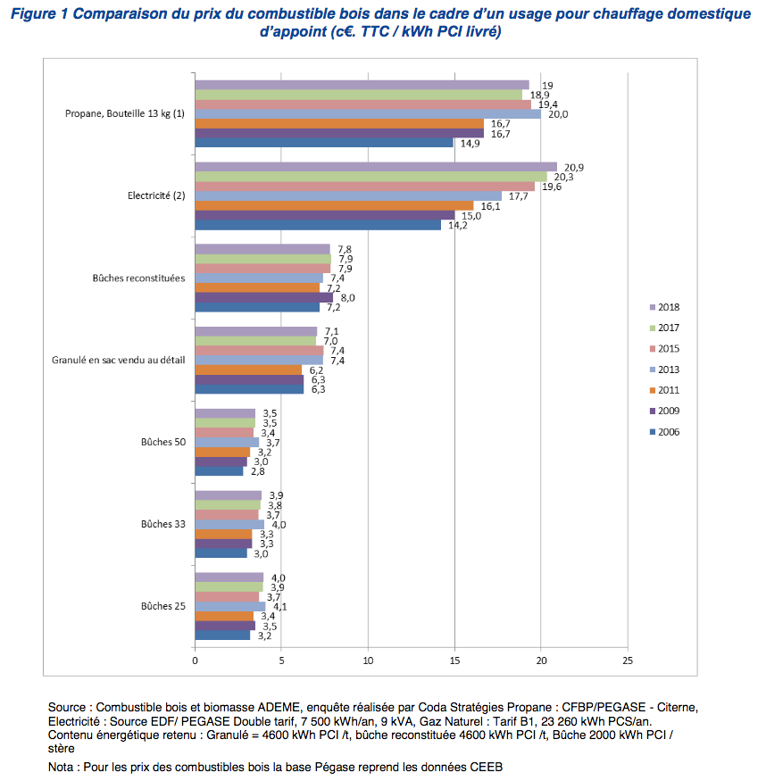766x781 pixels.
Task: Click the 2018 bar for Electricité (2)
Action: click(376, 167)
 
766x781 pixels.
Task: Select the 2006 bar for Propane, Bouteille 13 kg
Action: click(324, 143)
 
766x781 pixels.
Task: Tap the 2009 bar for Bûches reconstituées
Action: click(264, 297)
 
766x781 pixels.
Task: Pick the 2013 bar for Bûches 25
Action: click(230, 606)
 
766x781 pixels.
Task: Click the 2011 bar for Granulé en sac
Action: click(248, 370)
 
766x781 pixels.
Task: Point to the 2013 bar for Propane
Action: click(368, 114)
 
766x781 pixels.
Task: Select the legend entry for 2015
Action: click(664, 349)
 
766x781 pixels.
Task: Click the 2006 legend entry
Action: click(664, 432)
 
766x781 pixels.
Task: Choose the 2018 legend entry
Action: click(664, 307)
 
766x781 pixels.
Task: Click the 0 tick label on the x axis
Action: click(195, 661)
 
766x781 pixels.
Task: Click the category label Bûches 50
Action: click(163, 442)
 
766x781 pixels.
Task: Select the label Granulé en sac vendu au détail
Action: click(119, 360)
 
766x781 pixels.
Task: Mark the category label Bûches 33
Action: click(163, 524)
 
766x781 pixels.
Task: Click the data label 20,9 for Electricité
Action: click(574, 168)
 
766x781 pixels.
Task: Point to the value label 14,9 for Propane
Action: click(470, 144)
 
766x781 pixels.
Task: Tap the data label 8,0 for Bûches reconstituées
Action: click(347, 298)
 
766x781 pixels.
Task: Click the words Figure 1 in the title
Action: click(39, 14)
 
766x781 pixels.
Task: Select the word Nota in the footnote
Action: click(61, 767)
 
